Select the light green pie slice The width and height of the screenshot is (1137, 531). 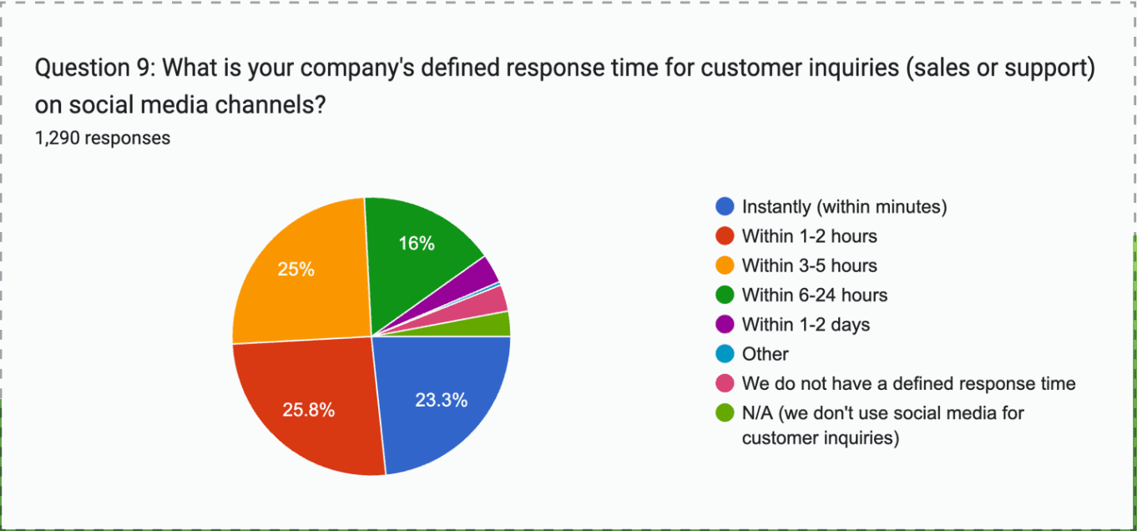click(x=498, y=325)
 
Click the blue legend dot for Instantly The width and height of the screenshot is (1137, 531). click(x=725, y=206)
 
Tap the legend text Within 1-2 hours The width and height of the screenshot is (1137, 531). click(x=809, y=236)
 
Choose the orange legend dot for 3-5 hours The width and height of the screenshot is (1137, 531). click(x=725, y=265)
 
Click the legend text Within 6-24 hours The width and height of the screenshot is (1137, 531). click(x=814, y=295)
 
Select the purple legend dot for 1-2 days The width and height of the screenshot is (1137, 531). click(x=725, y=324)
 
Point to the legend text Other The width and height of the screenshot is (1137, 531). click(x=765, y=354)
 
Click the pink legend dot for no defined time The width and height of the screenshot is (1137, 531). click(x=725, y=383)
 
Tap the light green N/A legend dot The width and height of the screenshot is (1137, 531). click(x=725, y=412)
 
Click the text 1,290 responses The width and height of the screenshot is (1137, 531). click(x=103, y=138)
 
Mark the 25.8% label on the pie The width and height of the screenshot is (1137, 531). click(x=308, y=410)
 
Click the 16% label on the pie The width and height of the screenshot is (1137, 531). click(x=417, y=244)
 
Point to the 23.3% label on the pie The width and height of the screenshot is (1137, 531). click(x=441, y=400)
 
